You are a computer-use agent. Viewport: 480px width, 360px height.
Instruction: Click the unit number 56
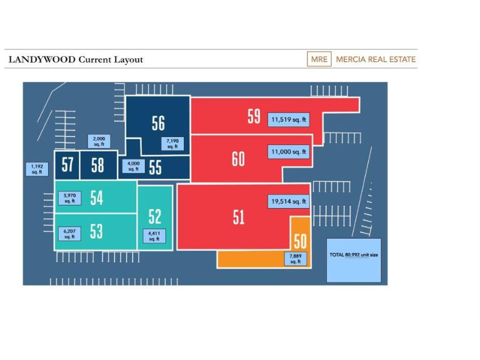(x=158, y=123)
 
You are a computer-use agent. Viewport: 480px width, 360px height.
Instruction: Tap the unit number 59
(x=254, y=116)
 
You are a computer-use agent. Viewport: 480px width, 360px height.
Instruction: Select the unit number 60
(x=238, y=159)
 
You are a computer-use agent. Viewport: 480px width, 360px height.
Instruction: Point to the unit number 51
(x=239, y=217)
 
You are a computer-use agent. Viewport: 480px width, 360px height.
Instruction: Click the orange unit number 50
(x=300, y=241)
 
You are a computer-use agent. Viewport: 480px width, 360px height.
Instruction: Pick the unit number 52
(x=154, y=216)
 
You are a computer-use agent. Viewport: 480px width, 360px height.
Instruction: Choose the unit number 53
(x=96, y=231)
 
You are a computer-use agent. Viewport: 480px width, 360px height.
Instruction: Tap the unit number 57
(x=67, y=164)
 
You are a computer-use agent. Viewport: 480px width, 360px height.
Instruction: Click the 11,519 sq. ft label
(x=289, y=120)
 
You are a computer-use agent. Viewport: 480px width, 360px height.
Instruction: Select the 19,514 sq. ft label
(x=289, y=201)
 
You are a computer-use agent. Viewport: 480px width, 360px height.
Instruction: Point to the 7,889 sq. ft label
(x=296, y=259)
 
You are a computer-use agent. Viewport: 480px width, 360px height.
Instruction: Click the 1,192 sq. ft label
(x=37, y=169)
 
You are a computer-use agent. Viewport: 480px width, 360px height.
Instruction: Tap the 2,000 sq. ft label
(x=99, y=141)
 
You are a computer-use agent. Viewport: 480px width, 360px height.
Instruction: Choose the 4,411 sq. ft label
(x=154, y=236)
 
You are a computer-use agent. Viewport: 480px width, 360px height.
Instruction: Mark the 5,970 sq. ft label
(x=70, y=198)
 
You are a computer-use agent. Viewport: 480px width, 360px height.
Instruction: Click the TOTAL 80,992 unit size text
(x=354, y=255)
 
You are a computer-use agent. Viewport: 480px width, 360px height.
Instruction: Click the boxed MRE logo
(x=319, y=59)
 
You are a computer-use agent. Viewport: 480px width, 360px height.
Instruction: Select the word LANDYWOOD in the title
(x=42, y=59)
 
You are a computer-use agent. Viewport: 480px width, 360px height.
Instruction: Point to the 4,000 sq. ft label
(x=134, y=166)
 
